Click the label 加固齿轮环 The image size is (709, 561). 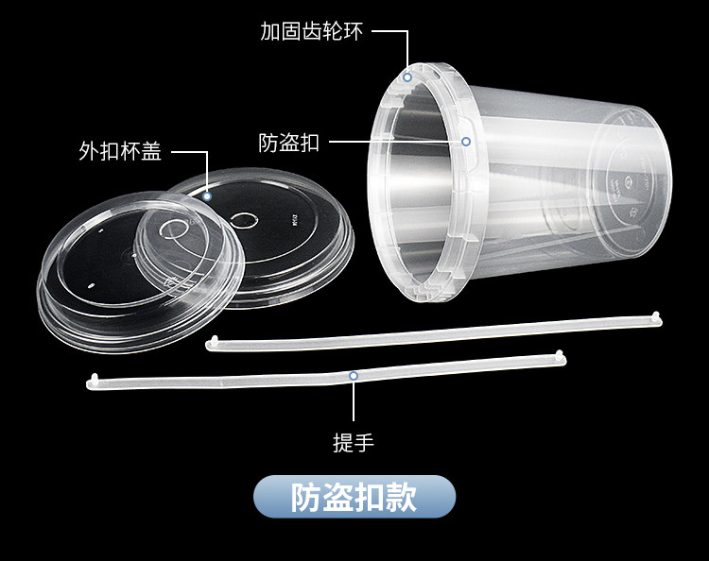(x=312, y=31)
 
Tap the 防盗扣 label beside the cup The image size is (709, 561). (x=288, y=144)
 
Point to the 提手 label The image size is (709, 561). (x=354, y=442)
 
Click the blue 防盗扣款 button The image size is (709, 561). (x=354, y=496)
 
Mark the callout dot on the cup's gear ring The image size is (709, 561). (x=408, y=76)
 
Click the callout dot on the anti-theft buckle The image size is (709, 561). (x=465, y=142)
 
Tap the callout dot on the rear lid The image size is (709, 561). (x=207, y=196)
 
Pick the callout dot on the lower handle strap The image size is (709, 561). (x=354, y=375)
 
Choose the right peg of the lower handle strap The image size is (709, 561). (x=560, y=355)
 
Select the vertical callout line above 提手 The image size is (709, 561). (x=354, y=401)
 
